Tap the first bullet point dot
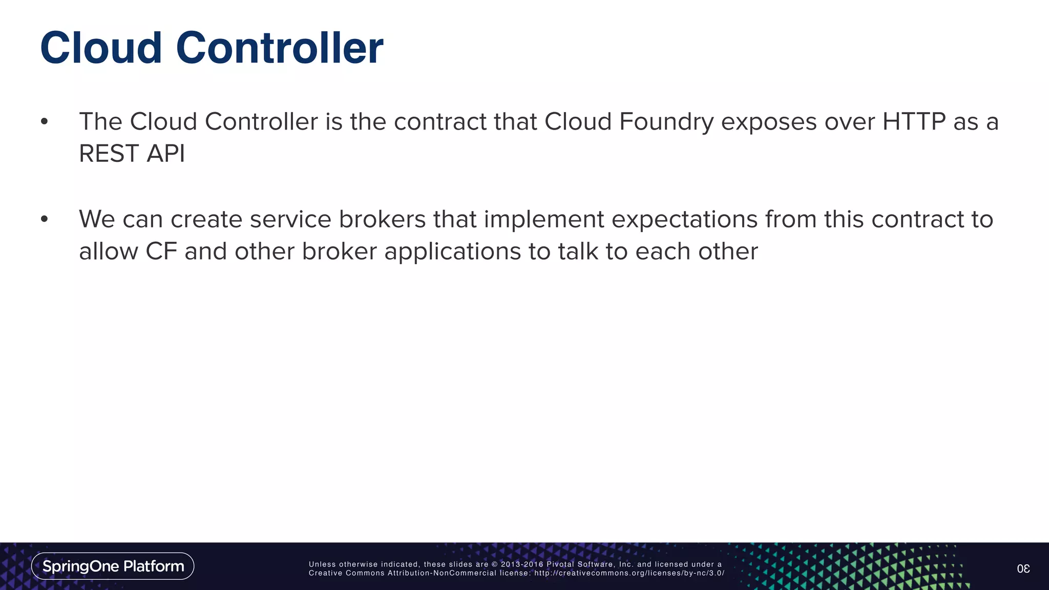(45, 122)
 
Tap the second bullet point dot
(45, 219)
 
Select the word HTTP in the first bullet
(913, 122)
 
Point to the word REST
(109, 154)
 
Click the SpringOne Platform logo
(113, 566)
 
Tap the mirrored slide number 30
(1023, 568)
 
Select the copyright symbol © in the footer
(495, 564)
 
